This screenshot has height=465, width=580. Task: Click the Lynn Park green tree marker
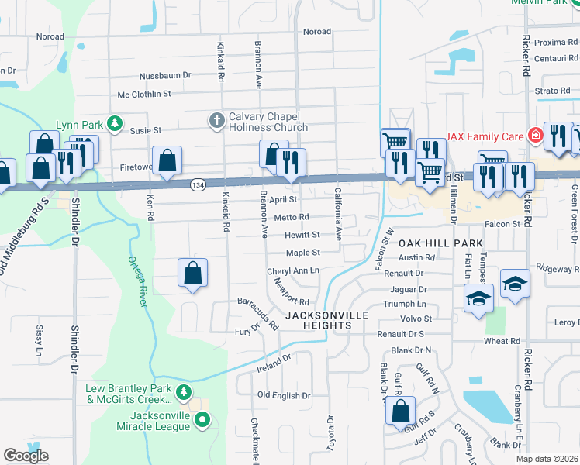pos(115,123)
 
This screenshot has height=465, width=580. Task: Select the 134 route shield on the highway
pos(197,184)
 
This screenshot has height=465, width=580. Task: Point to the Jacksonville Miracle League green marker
pos(202,421)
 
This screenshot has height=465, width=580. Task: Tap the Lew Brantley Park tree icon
pos(184,392)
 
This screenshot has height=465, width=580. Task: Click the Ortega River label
pos(137,282)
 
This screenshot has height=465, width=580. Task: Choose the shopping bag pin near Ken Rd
pos(167,162)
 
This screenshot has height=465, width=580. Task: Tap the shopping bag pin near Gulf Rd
pos(400,413)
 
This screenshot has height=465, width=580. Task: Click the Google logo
pos(26,456)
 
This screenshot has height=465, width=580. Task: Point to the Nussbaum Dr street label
pos(164,76)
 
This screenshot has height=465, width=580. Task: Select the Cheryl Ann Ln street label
pos(293,270)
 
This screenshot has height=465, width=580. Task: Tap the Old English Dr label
pos(284,395)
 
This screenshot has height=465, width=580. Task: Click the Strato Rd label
pos(552,91)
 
